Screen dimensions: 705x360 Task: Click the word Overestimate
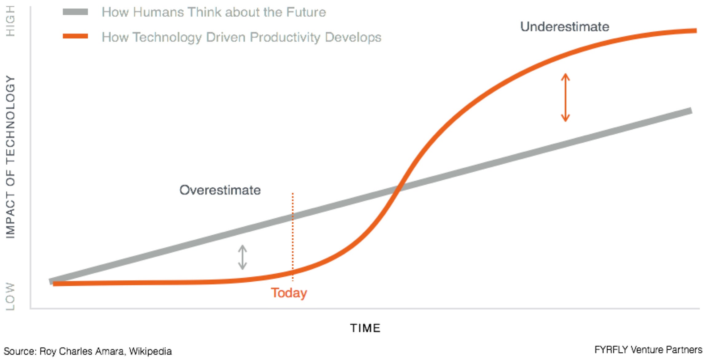click(220, 190)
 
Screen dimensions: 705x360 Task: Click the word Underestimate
click(565, 27)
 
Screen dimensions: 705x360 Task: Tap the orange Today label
click(289, 293)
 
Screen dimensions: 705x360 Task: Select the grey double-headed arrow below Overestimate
click(242, 257)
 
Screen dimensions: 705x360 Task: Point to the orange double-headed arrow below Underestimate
click(565, 97)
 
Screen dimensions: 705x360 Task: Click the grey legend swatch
click(75, 12)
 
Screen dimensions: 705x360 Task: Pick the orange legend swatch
click(75, 36)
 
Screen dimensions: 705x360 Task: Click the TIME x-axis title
click(365, 328)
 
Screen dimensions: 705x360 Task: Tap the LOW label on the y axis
click(10, 296)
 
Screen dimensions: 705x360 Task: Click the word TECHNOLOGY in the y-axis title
click(10, 119)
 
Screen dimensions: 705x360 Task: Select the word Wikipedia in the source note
click(150, 351)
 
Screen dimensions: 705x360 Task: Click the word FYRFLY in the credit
click(611, 350)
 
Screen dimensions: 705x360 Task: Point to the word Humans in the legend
click(159, 12)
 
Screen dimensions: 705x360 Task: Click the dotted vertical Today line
click(293, 237)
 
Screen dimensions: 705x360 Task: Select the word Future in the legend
click(306, 12)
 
